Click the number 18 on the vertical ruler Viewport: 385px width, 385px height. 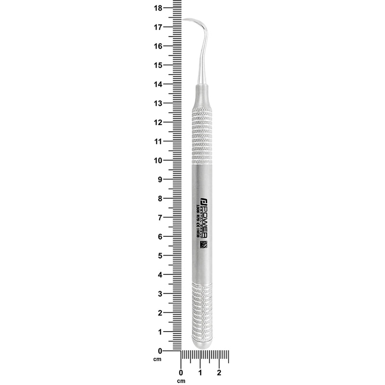pos(157,8)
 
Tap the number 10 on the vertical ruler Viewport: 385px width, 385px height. pos(157,160)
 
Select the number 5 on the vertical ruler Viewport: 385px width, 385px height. pos(159,256)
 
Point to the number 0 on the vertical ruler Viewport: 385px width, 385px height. pos(159,350)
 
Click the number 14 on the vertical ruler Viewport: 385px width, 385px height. pos(157,84)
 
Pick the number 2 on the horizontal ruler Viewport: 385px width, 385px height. pos(219,372)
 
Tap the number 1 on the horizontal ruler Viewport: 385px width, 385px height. pos(200,372)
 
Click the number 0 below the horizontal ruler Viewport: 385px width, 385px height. pos(181,372)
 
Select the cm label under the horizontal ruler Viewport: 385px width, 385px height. pos(181,381)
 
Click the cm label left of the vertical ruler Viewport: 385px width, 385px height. pos(157,359)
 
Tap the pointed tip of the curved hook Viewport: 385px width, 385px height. pos(183,19)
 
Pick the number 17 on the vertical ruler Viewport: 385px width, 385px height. pos(157,27)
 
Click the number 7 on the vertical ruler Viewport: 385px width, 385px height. pos(159,218)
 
